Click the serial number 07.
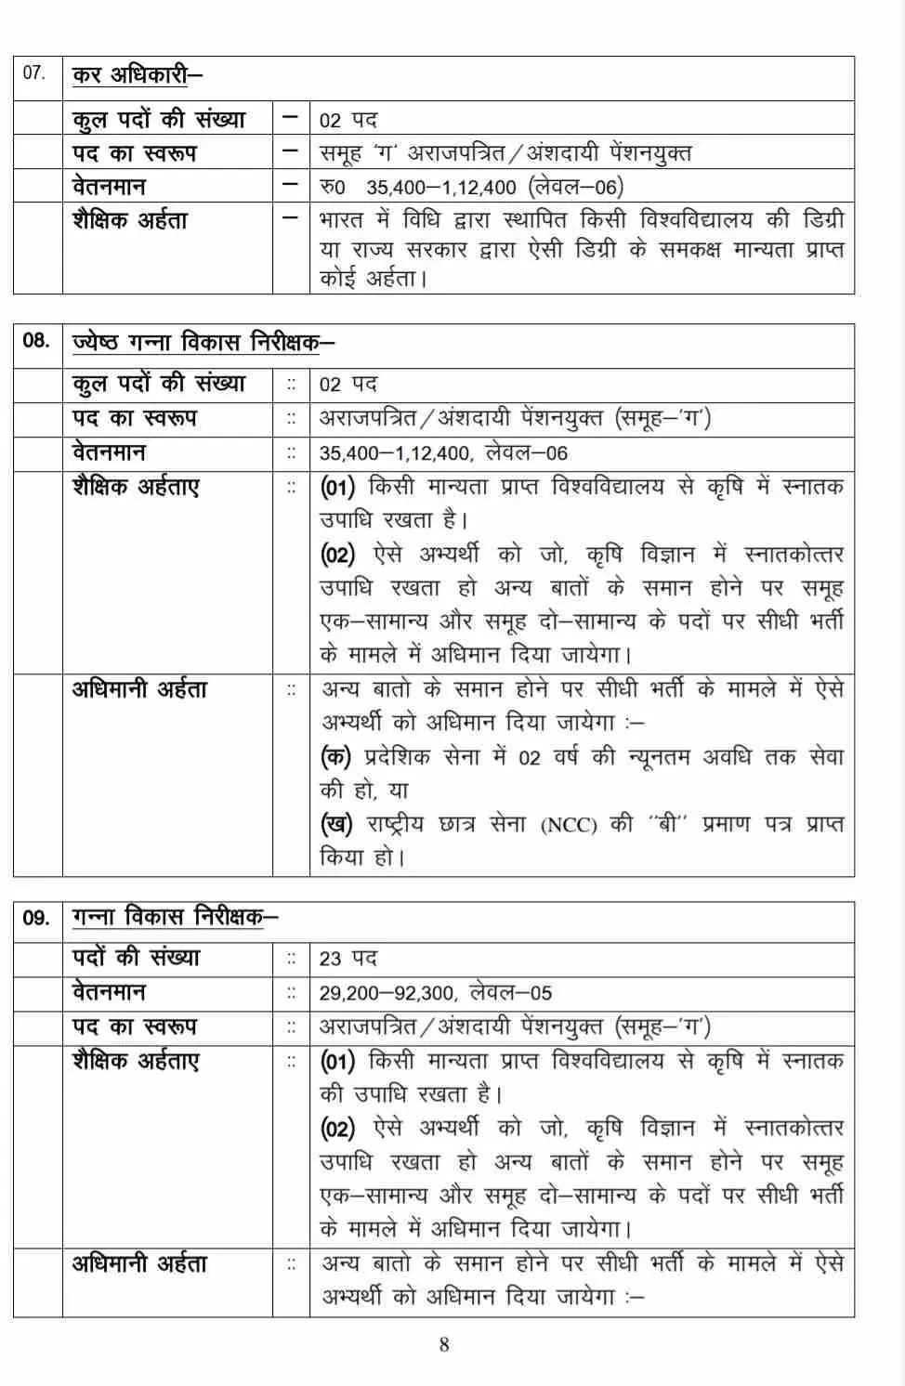(34, 72)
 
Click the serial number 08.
(36, 340)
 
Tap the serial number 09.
(36, 918)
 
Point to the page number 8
(444, 1344)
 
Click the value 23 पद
(348, 959)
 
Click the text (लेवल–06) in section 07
(575, 187)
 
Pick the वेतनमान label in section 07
(109, 187)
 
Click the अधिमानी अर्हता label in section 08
(139, 689)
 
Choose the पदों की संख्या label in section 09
(136, 958)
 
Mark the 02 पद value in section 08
(348, 385)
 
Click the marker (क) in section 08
(335, 757)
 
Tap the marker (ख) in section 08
(335, 824)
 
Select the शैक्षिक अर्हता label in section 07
(130, 221)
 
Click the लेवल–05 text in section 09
(510, 993)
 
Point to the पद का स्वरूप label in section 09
(135, 1026)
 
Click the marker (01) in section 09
(337, 1061)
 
